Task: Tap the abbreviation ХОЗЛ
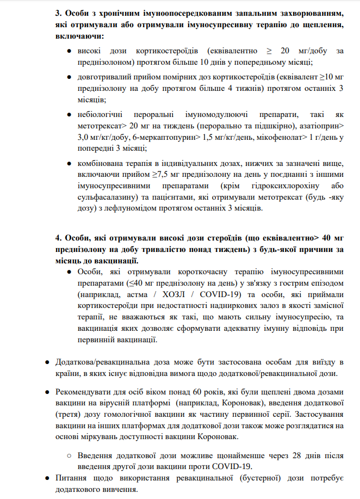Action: tap(171, 294)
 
